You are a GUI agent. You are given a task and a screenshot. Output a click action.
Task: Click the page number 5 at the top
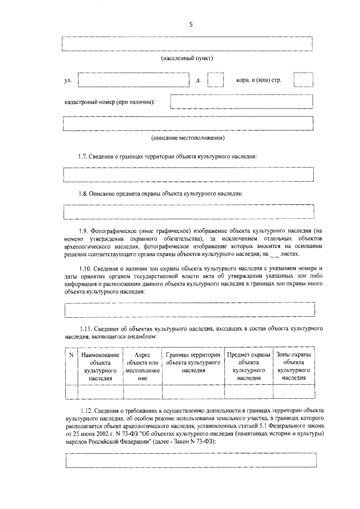[190, 25]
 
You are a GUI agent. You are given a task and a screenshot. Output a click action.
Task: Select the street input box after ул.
[133, 80]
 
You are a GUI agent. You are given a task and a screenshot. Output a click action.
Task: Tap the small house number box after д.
[216, 80]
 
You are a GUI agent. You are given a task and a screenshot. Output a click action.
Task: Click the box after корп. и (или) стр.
[303, 80]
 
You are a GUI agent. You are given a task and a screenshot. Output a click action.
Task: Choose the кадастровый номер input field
[241, 102]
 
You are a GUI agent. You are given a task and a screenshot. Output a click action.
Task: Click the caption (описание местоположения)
[188, 138]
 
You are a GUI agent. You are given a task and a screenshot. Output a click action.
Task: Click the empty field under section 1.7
[188, 175]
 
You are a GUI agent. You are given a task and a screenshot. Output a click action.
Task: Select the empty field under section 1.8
[188, 213]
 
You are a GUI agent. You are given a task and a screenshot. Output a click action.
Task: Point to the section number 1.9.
[84, 231]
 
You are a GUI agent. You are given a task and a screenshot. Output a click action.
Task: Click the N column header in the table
[71, 355]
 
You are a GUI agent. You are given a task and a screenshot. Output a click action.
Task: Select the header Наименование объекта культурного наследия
[100, 367]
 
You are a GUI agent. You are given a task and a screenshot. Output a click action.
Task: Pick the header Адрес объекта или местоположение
[143, 367]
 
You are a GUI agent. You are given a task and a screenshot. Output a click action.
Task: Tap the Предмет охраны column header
[248, 367]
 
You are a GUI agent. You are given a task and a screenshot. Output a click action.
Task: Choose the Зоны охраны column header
[294, 367]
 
